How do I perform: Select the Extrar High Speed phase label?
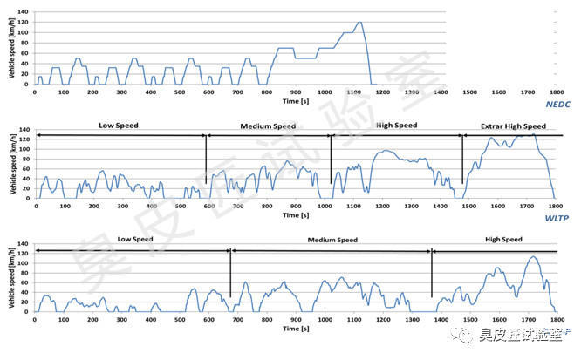pyautogui.click(x=513, y=126)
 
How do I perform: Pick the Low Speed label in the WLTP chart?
pyautogui.click(x=121, y=126)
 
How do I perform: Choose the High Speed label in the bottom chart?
pyautogui.click(x=500, y=239)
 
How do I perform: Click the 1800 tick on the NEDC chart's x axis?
pyautogui.click(x=555, y=92)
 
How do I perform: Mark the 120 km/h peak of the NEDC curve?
pyautogui.click(x=359, y=23)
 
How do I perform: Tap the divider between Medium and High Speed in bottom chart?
pyautogui.click(x=432, y=274)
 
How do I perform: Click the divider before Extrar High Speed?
pyautogui.click(x=462, y=160)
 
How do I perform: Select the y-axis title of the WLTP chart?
pyautogui.click(x=11, y=166)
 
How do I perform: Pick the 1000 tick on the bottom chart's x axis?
pyautogui.click(x=324, y=319)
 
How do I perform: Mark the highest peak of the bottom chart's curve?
pyautogui.click(x=530, y=256)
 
